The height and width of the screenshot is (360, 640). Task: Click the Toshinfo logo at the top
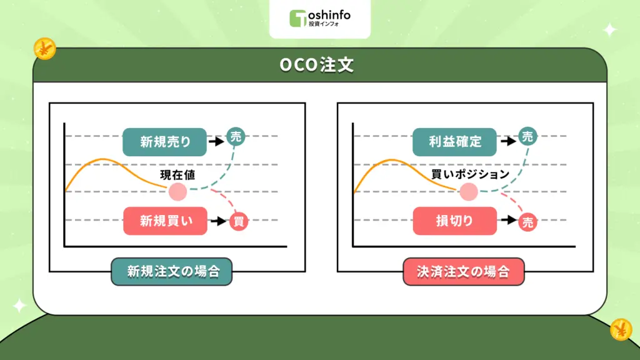click(319, 18)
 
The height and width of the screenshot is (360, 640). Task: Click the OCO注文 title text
click(319, 65)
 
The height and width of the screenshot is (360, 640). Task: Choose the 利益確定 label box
click(454, 142)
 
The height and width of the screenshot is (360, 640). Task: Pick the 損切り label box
click(454, 221)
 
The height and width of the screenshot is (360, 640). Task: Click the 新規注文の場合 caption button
click(171, 272)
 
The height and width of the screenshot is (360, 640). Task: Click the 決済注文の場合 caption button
click(463, 272)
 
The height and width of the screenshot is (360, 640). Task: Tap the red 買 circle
click(238, 221)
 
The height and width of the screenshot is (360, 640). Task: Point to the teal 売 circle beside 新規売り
click(236, 136)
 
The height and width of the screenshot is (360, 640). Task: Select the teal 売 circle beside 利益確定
click(528, 137)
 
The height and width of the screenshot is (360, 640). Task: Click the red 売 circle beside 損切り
click(528, 221)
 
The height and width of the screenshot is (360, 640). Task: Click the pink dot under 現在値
click(177, 192)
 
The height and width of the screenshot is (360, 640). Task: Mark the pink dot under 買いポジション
click(469, 192)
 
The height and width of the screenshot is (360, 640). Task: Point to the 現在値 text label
click(178, 174)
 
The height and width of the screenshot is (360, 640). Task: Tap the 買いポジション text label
click(470, 174)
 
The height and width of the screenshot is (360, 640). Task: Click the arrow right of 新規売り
click(216, 142)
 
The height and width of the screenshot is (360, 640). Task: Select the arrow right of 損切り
click(507, 221)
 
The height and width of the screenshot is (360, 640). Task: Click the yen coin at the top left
click(45, 48)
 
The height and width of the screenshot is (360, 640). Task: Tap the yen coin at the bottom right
click(621, 329)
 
